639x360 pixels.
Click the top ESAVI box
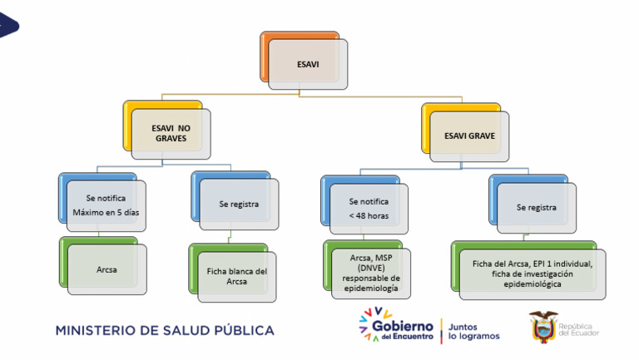(304, 60)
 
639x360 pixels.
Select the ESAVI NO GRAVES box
(167, 130)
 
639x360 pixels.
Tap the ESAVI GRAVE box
(465, 132)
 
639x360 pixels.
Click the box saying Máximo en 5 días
(102, 202)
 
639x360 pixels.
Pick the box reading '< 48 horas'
(364, 205)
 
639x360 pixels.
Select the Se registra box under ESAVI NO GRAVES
(235, 200)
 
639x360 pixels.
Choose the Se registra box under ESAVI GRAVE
(532, 204)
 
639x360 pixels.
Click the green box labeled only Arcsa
(103, 265)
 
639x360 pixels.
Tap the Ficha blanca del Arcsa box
(232, 273)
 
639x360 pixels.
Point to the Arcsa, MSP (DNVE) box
(367, 269)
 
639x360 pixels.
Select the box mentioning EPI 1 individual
(528, 270)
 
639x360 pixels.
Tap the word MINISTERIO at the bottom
(96, 330)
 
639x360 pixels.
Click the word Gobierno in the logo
(403, 326)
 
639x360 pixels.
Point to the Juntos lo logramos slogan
(473, 332)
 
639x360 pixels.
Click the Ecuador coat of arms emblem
(543, 327)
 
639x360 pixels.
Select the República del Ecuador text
(579, 329)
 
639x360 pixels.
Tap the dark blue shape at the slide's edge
(8, 25)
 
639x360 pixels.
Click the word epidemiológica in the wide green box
(532, 284)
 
